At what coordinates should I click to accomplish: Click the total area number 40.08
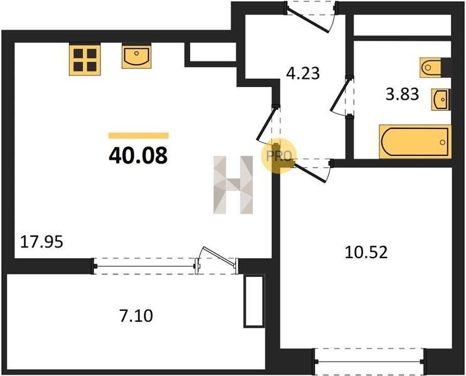click(138, 155)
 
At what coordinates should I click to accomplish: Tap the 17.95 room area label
click(41, 242)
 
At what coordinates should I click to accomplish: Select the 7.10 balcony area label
click(136, 316)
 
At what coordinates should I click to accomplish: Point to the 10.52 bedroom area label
click(366, 253)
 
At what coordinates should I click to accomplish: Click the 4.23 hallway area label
click(303, 73)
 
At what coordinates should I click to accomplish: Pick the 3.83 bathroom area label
click(403, 94)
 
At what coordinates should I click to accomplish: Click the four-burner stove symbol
click(85, 60)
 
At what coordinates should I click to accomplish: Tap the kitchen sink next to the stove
click(136, 56)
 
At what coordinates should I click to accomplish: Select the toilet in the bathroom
click(435, 68)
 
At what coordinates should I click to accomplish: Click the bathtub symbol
click(415, 142)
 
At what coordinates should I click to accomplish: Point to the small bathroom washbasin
click(441, 100)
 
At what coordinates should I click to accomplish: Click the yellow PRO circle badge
click(278, 156)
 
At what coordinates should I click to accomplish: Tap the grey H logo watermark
click(233, 185)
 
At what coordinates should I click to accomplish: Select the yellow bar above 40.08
click(139, 136)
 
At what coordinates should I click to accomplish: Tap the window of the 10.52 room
click(370, 362)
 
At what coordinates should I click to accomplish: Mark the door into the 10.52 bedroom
click(312, 170)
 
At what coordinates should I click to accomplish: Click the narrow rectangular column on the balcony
click(254, 301)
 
